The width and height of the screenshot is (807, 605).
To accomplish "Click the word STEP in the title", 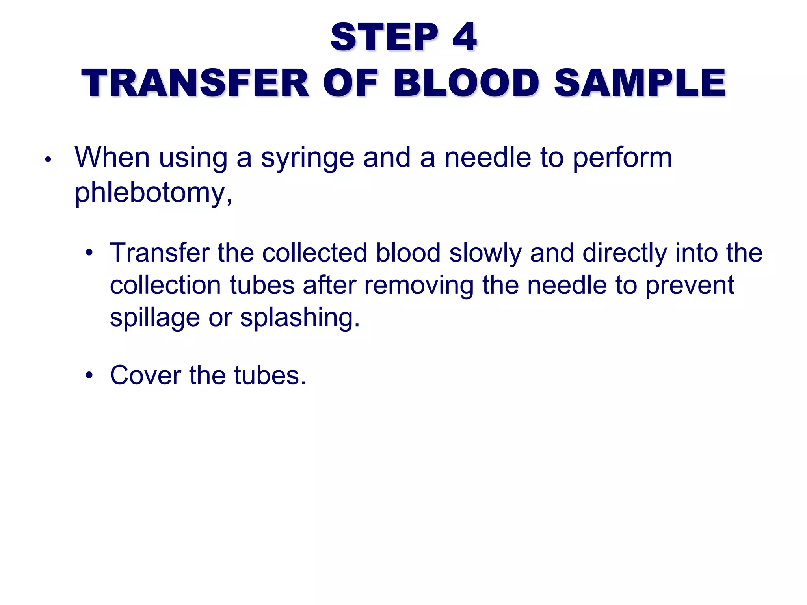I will pos(384,37).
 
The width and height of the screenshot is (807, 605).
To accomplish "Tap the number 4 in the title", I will pos(465,37).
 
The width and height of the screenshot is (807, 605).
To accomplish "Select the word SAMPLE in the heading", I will pos(640,83).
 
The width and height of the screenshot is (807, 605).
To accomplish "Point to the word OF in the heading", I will pos(350,83).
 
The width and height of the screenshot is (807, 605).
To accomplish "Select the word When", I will pos(112,158).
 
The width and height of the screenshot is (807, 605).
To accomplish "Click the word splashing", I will pos(299,318).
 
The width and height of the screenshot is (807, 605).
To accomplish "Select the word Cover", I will pos(145,375).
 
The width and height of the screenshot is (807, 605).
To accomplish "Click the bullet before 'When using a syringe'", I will pos(48,160).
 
